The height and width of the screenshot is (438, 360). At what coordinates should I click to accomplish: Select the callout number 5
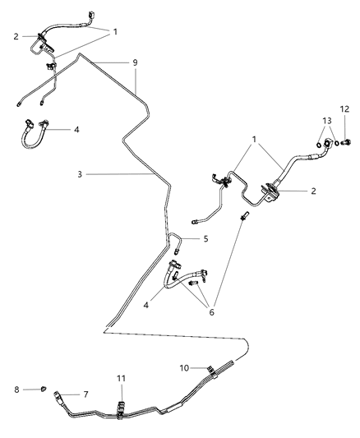(x=206, y=239)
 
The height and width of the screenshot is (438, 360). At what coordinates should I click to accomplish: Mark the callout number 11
(x=122, y=378)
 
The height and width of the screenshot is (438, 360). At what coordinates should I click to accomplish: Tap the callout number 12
(x=344, y=109)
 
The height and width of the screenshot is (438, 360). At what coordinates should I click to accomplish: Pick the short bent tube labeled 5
(x=176, y=241)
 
